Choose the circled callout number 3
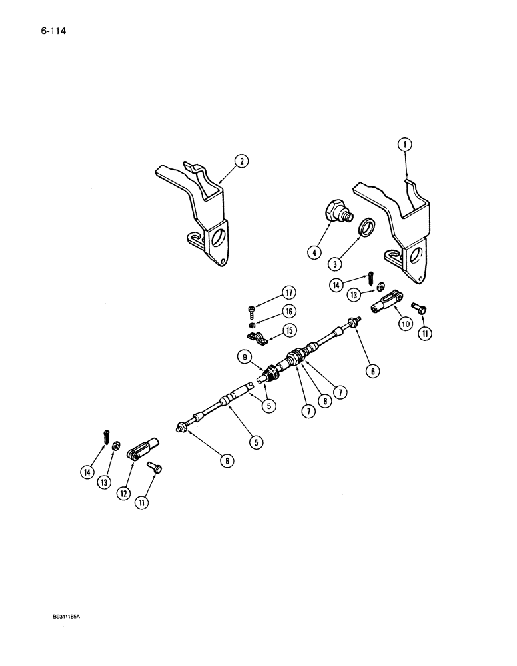[x=338, y=264]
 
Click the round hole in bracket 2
[x=215, y=237]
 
